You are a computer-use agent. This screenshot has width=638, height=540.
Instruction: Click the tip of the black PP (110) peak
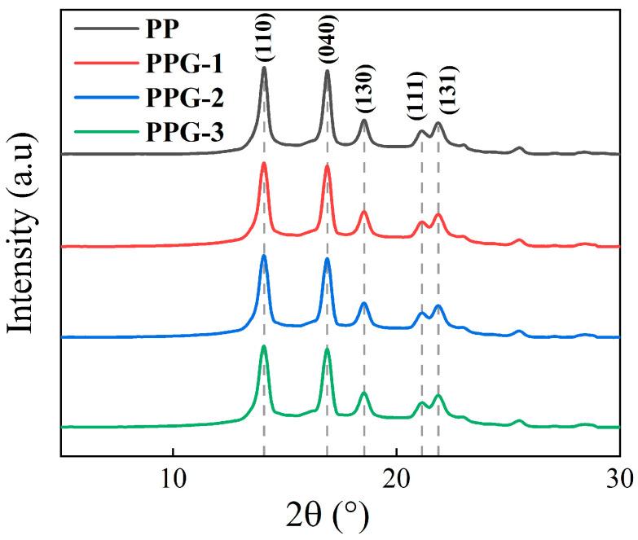[264, 68]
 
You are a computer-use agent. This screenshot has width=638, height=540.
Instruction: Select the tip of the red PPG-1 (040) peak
[328, 165]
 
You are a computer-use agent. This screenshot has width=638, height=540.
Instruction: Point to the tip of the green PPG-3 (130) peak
[364, 393]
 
